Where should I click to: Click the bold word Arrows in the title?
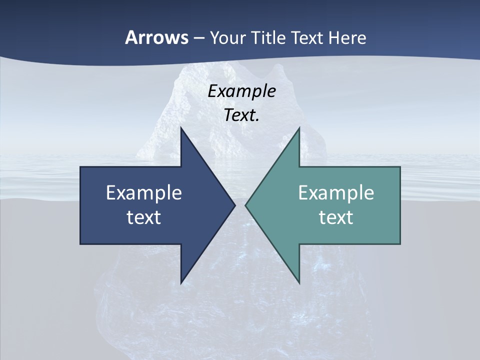click(156, 37)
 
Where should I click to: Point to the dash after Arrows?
click(198, 38)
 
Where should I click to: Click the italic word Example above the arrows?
click(241, 91)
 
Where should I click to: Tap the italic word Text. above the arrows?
click(241, 115)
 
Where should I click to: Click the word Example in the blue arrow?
click(144, 192)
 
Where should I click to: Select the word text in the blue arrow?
click(144, 217)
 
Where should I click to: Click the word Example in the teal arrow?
click(336, 192)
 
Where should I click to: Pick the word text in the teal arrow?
click(336, 217)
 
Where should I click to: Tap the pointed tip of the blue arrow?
click(234, 205)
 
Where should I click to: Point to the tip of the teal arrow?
click(246, 205)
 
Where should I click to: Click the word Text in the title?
click(308, 37)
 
